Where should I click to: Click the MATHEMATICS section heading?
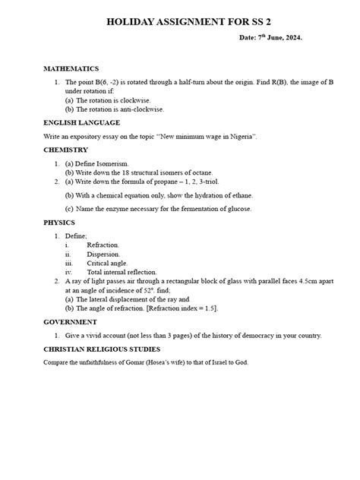(x=76, y=68)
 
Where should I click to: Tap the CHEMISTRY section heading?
(x=67, y=150)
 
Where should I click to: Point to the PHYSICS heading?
(x=60, y=223)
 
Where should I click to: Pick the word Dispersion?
(x=103, y=254)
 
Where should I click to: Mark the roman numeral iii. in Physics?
(x=68, y=263)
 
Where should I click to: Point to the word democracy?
(x=254, y=335)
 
